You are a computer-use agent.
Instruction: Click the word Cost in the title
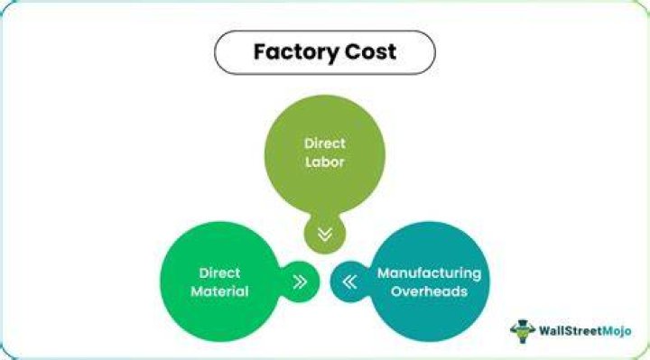click(x=370, y=51)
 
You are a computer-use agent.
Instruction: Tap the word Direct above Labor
click(x=325, y=143)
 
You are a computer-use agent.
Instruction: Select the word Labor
click(x=325, y=162)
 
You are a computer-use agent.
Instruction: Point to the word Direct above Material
click(x=219, y=273)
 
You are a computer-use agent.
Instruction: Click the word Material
click(x=219, y=291)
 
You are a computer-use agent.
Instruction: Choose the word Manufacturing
click(x=429, y=273)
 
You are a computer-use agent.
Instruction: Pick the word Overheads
click(x=429, y=291)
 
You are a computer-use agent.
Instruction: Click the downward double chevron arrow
click(x=325, y=235)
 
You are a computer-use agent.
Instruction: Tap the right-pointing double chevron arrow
click(x=300, y=282)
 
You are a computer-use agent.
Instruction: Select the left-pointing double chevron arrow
click(x=350, y=282)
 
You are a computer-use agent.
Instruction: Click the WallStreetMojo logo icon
click(x=523, y=330)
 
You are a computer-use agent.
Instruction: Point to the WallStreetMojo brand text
click(x=585, y=331)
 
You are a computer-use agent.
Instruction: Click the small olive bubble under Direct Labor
click(x=325, y=233)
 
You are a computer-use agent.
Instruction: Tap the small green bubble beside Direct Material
click(x=301, y=282)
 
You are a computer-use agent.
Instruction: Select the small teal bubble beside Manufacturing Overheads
click(x=349, y=282)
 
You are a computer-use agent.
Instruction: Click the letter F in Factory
click(x=259, y=51)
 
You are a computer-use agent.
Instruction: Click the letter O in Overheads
click(x=396, y=291)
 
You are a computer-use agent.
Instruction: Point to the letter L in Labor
click(x=309, y=162)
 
